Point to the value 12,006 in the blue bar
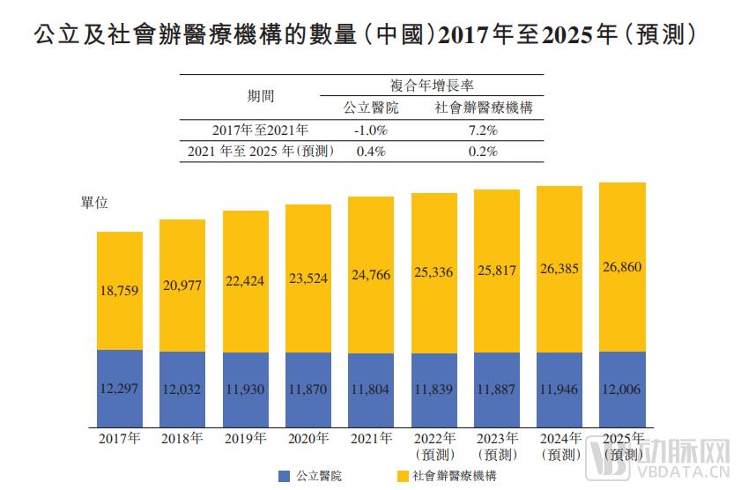622,389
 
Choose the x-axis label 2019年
245,438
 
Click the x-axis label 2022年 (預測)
433,446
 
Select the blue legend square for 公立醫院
284,476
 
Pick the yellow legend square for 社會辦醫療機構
403,476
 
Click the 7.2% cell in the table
483,130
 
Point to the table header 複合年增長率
432,85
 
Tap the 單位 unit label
94,203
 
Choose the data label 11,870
308,389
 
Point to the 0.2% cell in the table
483,151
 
